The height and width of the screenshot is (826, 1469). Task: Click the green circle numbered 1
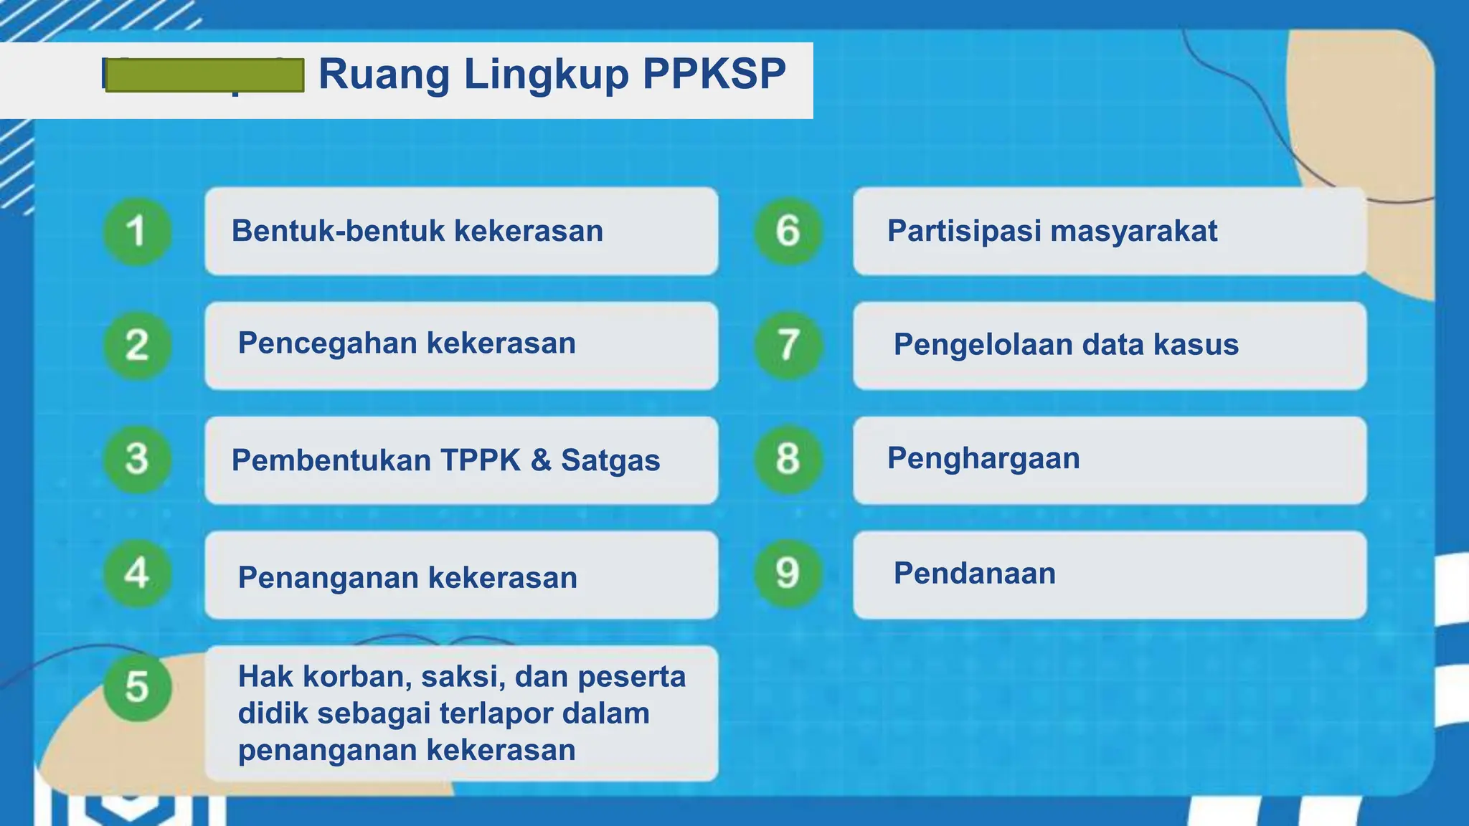pyautogui.click(x=137, y=231)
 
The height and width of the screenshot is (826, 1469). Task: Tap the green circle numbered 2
pyautogui.click(x=137, y=345)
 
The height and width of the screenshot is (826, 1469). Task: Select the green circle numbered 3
pyautogui.click(x=137, y=459)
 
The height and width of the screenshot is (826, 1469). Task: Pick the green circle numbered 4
pyautogui.click(x=137, y=573)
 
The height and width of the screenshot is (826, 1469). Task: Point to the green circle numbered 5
pyautogui.click(x=137, y=687)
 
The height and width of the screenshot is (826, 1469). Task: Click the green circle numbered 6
pyautogui.click(x=788, y=231)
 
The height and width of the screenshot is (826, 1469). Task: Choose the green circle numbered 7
pyautogui.click(x=788, y=345)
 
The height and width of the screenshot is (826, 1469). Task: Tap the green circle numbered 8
pyautogui.click(x=788, y=459)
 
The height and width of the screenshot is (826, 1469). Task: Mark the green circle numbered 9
pyautogui.click(x=788, y=573)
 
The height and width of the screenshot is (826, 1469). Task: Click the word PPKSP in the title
pyautogui.click(x=714, y=73)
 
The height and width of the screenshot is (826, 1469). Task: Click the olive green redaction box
pyautogui.click(x=204, y=75)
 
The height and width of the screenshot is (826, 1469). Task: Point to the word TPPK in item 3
pyautogui.click(x=480, y=460)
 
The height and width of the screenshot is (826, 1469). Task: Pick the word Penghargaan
pyautogui.click(x=983, y=459)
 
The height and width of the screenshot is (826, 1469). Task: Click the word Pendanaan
pyautogui.click(x=974, y=574)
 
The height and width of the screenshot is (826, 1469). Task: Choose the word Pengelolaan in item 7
pyautogui.click(x=982, y=346)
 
